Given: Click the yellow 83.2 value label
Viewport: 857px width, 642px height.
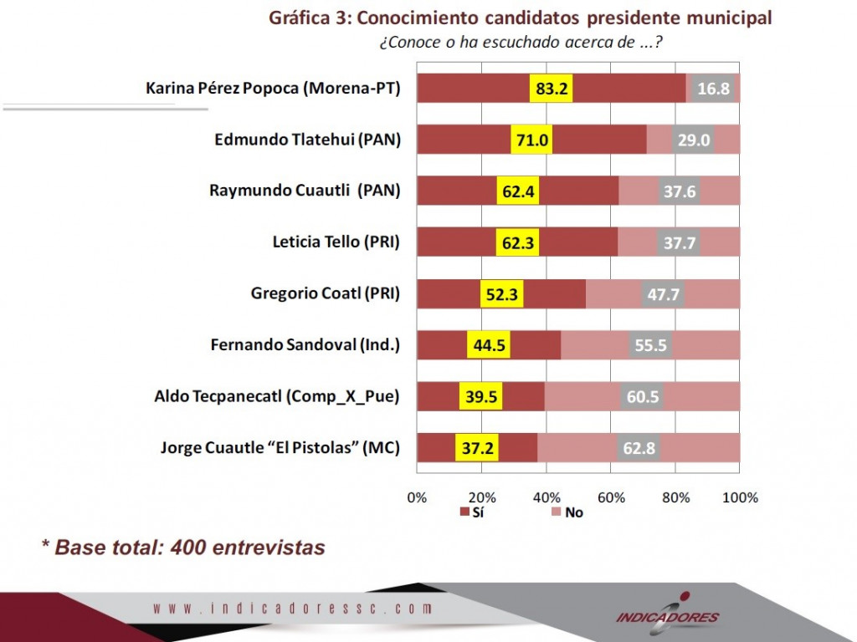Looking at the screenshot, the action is pyautogui.click(x=551, y=89).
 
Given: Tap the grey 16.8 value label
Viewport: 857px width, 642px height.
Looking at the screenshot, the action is pyautogui.click(x=713, y=89).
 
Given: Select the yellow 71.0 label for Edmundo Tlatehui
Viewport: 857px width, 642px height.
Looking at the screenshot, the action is pyautogui.click(x=531, y=140).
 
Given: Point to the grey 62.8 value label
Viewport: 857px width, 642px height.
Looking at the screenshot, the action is pyautogui.click(x=639, y=448).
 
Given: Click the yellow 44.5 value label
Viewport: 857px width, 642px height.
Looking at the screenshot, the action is pyautogui.click(x=489, y=345).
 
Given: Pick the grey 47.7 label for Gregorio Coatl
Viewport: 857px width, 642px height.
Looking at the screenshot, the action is pyautogui.click(x=663, y=294).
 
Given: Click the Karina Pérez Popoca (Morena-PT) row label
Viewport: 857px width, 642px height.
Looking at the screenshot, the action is pyautogui.click(x=273, y=89).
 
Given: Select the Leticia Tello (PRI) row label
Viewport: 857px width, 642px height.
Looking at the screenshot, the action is pyautogui.click(x=336, y=242).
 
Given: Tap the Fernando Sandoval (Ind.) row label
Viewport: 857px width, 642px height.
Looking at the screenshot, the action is pyautogui.click(x=305, y=345).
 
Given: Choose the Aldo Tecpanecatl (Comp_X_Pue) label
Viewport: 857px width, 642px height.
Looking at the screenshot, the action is pyautogui.click(x=276, y=396).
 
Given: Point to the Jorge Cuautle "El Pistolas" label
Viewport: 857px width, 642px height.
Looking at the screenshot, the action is pyautogui.click(x=280, y=448).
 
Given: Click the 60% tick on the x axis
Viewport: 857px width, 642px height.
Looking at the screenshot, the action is pyautogui.click(x=611, y=497).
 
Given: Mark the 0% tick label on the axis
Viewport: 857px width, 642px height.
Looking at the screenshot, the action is pyautogui.click(x=417, y=497).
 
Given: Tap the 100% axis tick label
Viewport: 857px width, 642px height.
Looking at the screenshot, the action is pyautogui.click(x=740, y=497).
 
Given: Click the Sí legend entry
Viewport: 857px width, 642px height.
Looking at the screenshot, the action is pyautogui.click(x=472, y=512).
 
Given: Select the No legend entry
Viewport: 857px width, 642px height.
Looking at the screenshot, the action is pyautogui.click(x=567, y=512).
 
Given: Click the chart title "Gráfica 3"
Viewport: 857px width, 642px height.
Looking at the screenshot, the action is pyautogui.click(x=309, y=18).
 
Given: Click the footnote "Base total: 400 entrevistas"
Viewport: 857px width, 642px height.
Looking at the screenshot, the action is pyautogui.click(x=190, y=547).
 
